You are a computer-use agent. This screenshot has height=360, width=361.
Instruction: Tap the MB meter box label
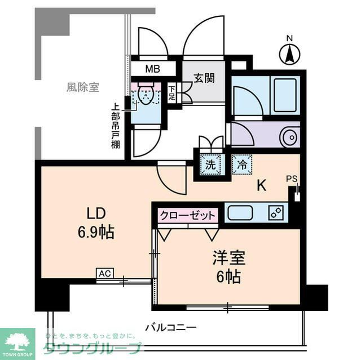pos(152,70)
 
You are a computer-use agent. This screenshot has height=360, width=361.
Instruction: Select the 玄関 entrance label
pos(204,79)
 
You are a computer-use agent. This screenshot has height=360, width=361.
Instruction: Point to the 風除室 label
pos(82,88)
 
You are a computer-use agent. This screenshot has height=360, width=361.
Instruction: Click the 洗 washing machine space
pos(210,165)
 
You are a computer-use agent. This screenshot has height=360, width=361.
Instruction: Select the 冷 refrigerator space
pos(241,165)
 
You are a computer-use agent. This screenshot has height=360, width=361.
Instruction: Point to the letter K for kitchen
pos(262,185)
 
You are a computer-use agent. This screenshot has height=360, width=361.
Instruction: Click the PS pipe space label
pos(291,179)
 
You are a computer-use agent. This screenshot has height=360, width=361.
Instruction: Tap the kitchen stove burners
pos(276,213)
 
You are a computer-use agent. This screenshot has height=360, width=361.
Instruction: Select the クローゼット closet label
pos(188,215)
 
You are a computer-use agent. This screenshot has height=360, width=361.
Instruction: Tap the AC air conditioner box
pos(104,274)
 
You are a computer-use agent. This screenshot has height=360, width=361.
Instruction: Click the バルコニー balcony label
pos(170,327)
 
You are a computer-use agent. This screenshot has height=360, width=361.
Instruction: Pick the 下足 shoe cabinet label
pos(171,93)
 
